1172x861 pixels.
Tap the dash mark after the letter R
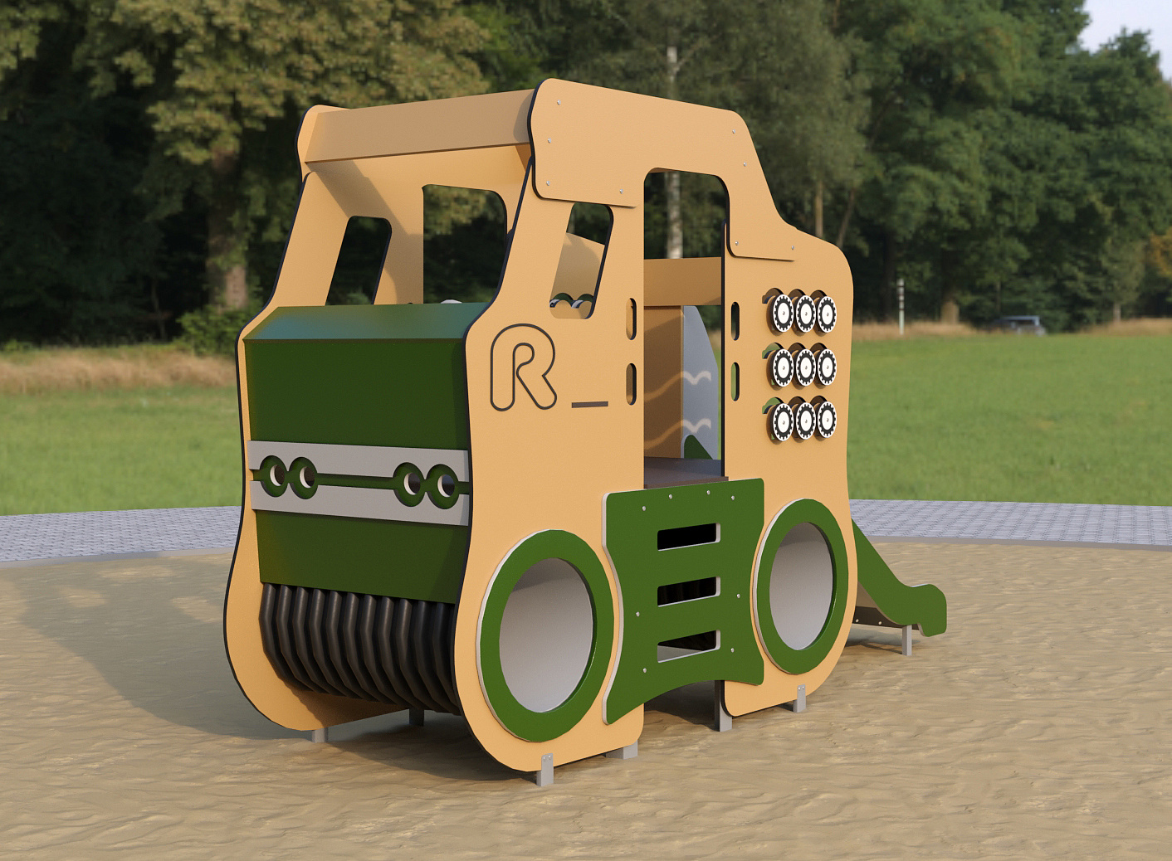click(589, 404)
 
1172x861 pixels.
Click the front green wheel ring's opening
click(546, 635)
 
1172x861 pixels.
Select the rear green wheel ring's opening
click(801, 585)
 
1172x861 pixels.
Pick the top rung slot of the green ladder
click(688, 537)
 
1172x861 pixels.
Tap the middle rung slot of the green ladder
click(688, 591)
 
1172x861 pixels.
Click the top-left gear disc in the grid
click(782, 313)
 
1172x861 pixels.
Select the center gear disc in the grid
click(804, 367)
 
